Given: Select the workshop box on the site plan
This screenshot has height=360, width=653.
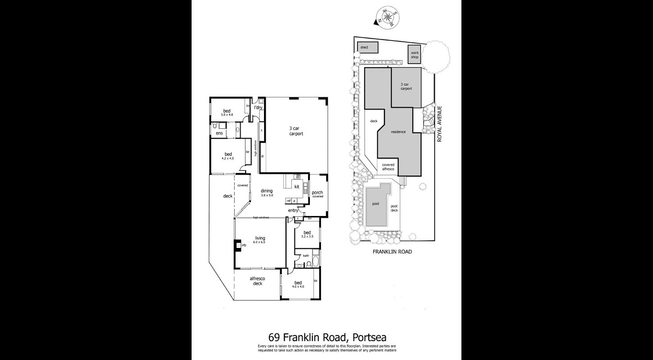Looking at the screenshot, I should click(x=414, y=55).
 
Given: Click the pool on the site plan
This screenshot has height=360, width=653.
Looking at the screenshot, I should click(x=376, y=204).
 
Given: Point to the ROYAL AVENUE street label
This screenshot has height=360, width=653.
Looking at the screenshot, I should click(x=441, y=124).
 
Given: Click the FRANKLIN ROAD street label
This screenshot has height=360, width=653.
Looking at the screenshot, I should click(x=392, y=252).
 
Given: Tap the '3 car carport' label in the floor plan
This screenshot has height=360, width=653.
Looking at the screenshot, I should click(x=295, y=131).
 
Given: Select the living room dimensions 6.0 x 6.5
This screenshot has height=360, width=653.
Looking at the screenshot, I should click(x=260, y=243).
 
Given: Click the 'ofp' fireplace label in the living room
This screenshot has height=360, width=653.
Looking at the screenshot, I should click(x=244, y=245).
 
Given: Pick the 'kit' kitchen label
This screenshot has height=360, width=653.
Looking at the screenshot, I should click(x=297, y=186).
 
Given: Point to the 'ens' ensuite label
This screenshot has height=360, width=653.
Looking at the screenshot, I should click(x=219, y=134).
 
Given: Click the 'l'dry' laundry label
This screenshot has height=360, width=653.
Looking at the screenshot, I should click(x=258, y=108).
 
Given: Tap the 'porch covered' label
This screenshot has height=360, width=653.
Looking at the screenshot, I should click(x=318, y=194).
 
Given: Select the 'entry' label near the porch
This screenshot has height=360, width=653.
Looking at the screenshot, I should click(x=293, y=210).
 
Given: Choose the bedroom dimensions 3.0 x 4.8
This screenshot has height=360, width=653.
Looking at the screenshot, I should click(x=228, y=115).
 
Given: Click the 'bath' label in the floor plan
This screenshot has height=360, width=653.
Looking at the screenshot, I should click(x=306, y=256).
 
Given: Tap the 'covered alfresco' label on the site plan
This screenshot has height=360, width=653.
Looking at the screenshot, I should click(x=388, y=167).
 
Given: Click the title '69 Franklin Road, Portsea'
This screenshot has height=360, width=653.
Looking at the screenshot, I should click(x=327, y=337).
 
